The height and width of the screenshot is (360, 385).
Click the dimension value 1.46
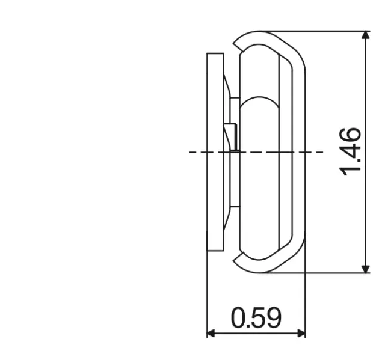351,151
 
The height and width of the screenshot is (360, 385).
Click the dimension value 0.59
256,317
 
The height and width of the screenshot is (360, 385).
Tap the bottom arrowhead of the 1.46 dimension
365,268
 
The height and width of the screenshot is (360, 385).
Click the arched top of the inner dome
259,100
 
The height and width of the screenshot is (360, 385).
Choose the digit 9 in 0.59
273,317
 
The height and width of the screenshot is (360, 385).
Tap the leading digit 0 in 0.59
239,317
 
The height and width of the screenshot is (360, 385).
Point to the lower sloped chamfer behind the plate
227,220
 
